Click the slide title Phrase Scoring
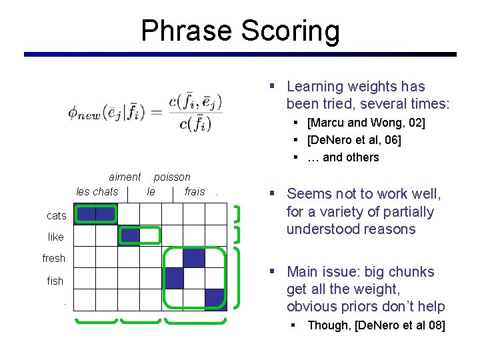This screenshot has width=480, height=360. pos(240,31)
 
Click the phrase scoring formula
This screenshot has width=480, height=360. pos(145,112)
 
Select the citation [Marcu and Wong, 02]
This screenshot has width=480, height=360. pos(365,123)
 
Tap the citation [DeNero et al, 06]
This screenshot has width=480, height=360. pos(353,140)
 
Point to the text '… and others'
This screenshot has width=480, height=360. pos(343,157)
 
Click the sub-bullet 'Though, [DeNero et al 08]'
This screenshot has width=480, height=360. pos(376,325)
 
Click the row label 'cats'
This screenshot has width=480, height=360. pos(57,215)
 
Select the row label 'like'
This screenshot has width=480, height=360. pos(56,237)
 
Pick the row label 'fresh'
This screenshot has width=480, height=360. pos(54,258)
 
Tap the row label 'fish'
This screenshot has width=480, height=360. pos(55,281)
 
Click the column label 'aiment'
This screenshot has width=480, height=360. pos(125,177)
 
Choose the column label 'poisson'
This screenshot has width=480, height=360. pos(172,177)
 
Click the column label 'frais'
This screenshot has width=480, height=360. pos(195,191)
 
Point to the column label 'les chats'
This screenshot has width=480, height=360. pos(97,191)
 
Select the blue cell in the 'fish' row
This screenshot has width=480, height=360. pos(174,278)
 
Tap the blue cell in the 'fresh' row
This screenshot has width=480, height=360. pos(194,257)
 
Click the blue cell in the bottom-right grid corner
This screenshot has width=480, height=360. pos(215,299)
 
